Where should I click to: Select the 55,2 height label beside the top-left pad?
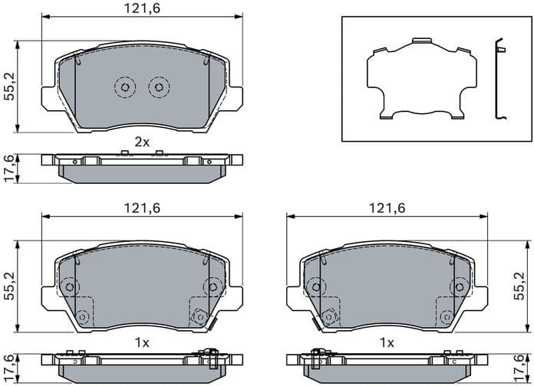tap(8, 87)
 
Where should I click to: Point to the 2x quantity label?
tap(142, 142)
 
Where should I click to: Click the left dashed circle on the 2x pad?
tap(124, 87)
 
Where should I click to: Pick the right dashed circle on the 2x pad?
tap(158, 87)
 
